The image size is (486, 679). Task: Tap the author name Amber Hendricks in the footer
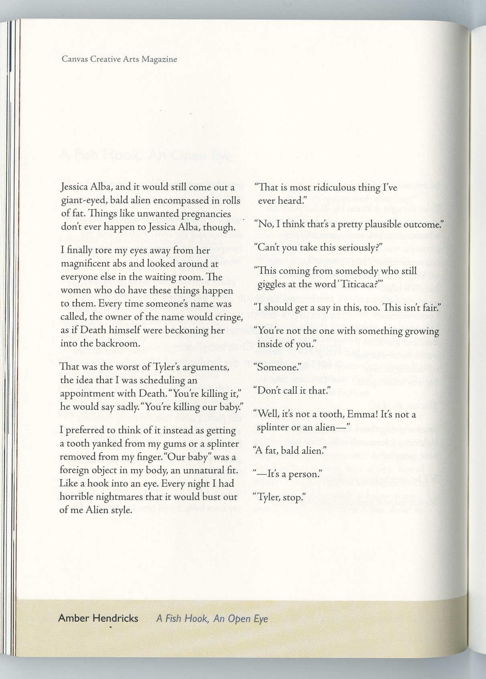tap(98, 618)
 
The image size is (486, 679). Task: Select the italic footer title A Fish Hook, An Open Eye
tap(212, 618)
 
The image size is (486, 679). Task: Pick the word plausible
tap(368, 224)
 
